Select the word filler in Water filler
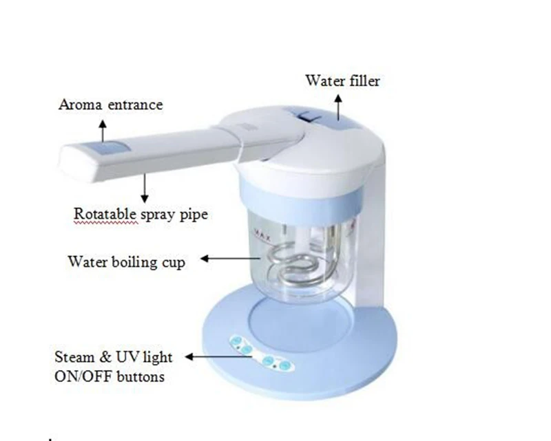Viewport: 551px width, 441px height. [362, 81]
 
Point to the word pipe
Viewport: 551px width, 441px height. [194, 215]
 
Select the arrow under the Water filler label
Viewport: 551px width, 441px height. [338, 104]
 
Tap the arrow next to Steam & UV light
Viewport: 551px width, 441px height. [207, 357]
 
